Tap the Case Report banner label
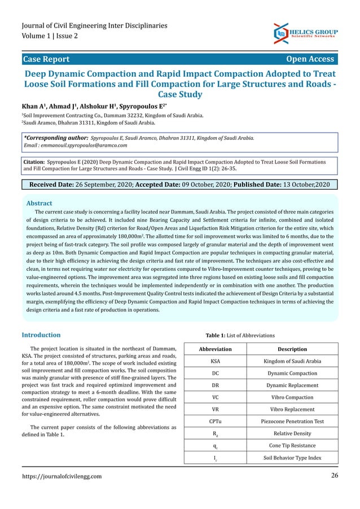point(46,59)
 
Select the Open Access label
point(310,59)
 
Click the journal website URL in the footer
point(62,476)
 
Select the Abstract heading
point(39,203)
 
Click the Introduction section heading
point(41,335)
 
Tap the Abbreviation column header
point(216,349)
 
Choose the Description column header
point(292,349)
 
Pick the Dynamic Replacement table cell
point(292,385)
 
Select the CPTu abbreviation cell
point(216,422)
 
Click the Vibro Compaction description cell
point(292,397)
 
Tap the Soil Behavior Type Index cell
point(292,458)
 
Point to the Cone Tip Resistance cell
point(292,446)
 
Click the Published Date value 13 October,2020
point(304,185)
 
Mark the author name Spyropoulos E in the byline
point(141,106)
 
